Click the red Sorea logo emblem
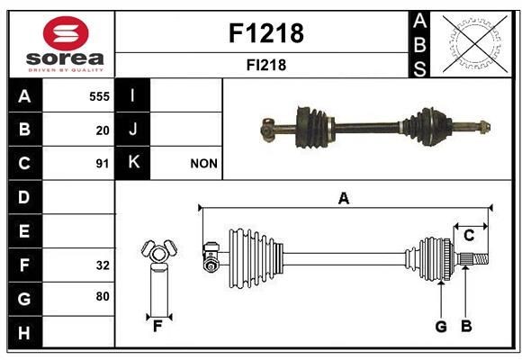point(65,34)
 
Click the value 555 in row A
point(99,95)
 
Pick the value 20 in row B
point(103,130)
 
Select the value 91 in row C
point(103,164)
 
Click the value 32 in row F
point(103,265)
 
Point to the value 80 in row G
point(103,297)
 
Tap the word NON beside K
point(203,164)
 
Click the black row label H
point(24,332)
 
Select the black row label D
point(24,196)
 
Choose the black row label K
point(133,163)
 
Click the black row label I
point(133,94)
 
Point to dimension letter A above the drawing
point(343,199)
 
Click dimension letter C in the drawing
point(469,236)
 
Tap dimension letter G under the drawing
point(441,326)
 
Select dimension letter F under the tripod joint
point(157,326)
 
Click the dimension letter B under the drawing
point(466,326)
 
